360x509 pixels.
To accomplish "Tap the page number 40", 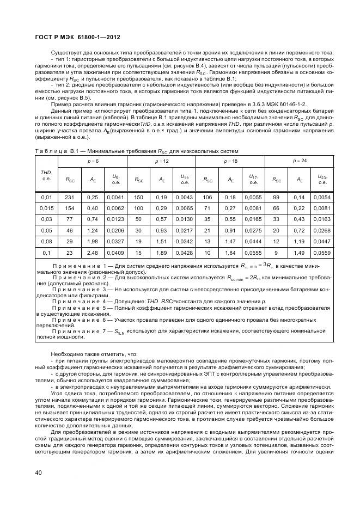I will pos(39,473).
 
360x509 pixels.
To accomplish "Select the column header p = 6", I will pos(93,162).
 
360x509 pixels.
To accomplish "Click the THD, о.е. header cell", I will pos(47,175).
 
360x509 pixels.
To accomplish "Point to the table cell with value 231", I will pos(70,197).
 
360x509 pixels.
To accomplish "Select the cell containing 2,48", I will pos(93,253).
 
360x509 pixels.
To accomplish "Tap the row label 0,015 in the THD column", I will pos(47,208).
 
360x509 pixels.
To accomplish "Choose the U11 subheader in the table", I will pos(185,178).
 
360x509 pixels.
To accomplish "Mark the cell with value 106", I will pos(207,197).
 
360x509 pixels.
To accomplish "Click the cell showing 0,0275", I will pos(253,230).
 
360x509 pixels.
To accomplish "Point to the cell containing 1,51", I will pos(162,242).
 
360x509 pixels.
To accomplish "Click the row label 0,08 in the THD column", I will pos(47,242).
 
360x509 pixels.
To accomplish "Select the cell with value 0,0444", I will pos(253,242).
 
